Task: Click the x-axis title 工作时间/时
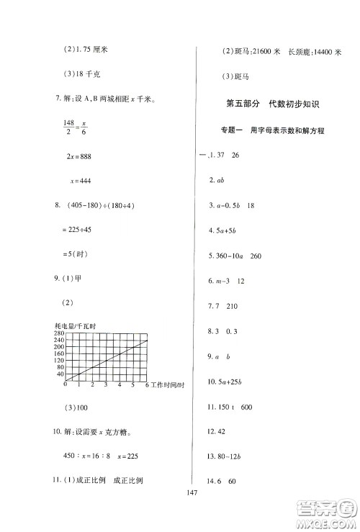click(168, 385)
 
